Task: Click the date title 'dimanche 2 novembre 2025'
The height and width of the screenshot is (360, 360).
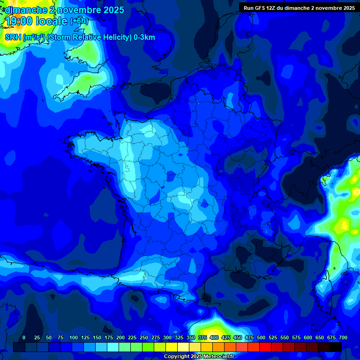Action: [x=64, y=10]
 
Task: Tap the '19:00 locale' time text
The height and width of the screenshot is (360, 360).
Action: [x=36, y=21]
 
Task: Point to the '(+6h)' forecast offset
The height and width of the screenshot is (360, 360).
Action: [x=79, y=21]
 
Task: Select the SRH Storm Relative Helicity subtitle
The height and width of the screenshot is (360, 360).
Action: [x=80, y=37]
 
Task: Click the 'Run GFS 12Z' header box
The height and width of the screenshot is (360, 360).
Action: [x=299, y=7]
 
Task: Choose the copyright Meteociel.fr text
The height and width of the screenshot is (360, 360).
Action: [x=199, y=356]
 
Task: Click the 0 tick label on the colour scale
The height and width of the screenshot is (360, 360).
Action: [x=24, y=337]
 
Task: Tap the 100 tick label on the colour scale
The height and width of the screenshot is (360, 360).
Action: [x=73, y=337]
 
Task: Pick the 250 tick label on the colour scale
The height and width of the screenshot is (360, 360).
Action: [x=143, y=337]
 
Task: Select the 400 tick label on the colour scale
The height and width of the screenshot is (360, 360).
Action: [x=214, y=337]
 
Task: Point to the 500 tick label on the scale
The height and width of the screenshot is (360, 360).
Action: [x=261, y=337]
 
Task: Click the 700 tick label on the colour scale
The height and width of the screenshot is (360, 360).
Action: [x=343, y=337]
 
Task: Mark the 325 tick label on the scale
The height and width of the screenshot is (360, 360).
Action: [x=179, y=337]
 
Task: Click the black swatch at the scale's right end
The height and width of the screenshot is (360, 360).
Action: [x=336, y=347]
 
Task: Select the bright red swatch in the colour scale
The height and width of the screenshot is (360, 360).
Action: [x=265, y=347]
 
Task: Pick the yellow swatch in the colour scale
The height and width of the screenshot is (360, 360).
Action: [x=172, y=347]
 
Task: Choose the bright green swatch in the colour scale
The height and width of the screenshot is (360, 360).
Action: [x=148, y=347]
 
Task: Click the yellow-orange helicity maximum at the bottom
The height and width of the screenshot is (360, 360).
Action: [x=213, y=328]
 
